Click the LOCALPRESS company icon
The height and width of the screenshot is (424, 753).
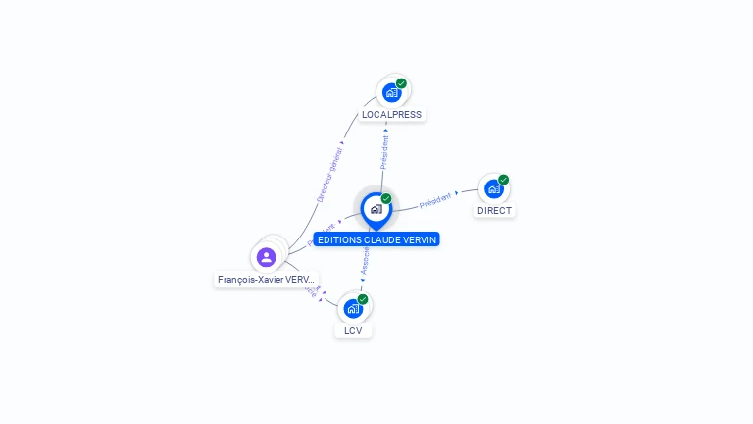coord(392,92)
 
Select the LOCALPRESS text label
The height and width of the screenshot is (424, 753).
coord(391,115)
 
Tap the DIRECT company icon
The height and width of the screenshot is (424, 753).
coord(494,188)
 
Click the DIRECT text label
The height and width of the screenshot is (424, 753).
coord(494,211)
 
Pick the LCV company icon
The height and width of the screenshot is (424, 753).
coord(353,308)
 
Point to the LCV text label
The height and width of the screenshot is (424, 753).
coord(353,331)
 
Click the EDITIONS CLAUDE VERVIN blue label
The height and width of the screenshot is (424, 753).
coord(376,239)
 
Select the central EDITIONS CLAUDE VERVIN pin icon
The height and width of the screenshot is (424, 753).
coord(376,209)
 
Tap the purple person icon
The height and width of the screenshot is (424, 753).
coord(266,257)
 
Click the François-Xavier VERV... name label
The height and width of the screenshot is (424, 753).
coord(267,280)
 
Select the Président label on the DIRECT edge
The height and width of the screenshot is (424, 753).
coord(434,200)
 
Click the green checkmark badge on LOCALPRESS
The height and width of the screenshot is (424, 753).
coord(401,83)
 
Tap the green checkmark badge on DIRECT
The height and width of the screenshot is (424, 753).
coord(503,180)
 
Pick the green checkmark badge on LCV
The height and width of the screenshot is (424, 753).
coord(363,299)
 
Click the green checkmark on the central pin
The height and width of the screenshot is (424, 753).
coord(386,199)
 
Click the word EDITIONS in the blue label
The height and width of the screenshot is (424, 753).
coord(339,239)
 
